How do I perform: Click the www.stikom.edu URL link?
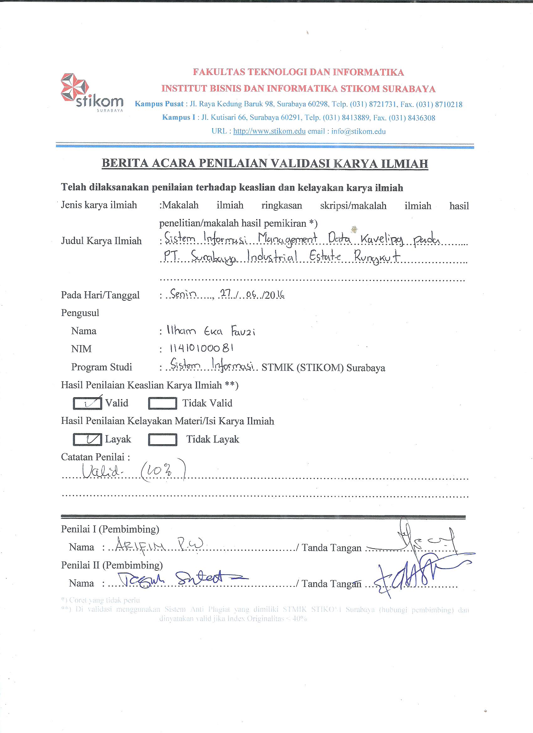click(269, 131)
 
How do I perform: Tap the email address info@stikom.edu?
click(358, 131)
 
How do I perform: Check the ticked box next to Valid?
click(87, 403)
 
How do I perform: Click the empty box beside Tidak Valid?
click(162, 403)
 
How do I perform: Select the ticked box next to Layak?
click(87, 439)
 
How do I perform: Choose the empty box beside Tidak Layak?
click(162, 440)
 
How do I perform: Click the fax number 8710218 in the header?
click(449, 104)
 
